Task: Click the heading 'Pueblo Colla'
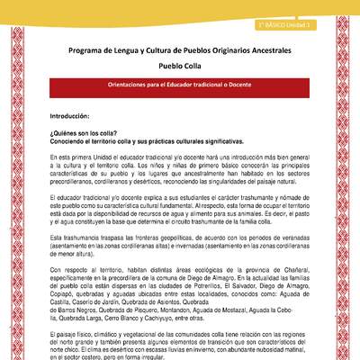point(179,65)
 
